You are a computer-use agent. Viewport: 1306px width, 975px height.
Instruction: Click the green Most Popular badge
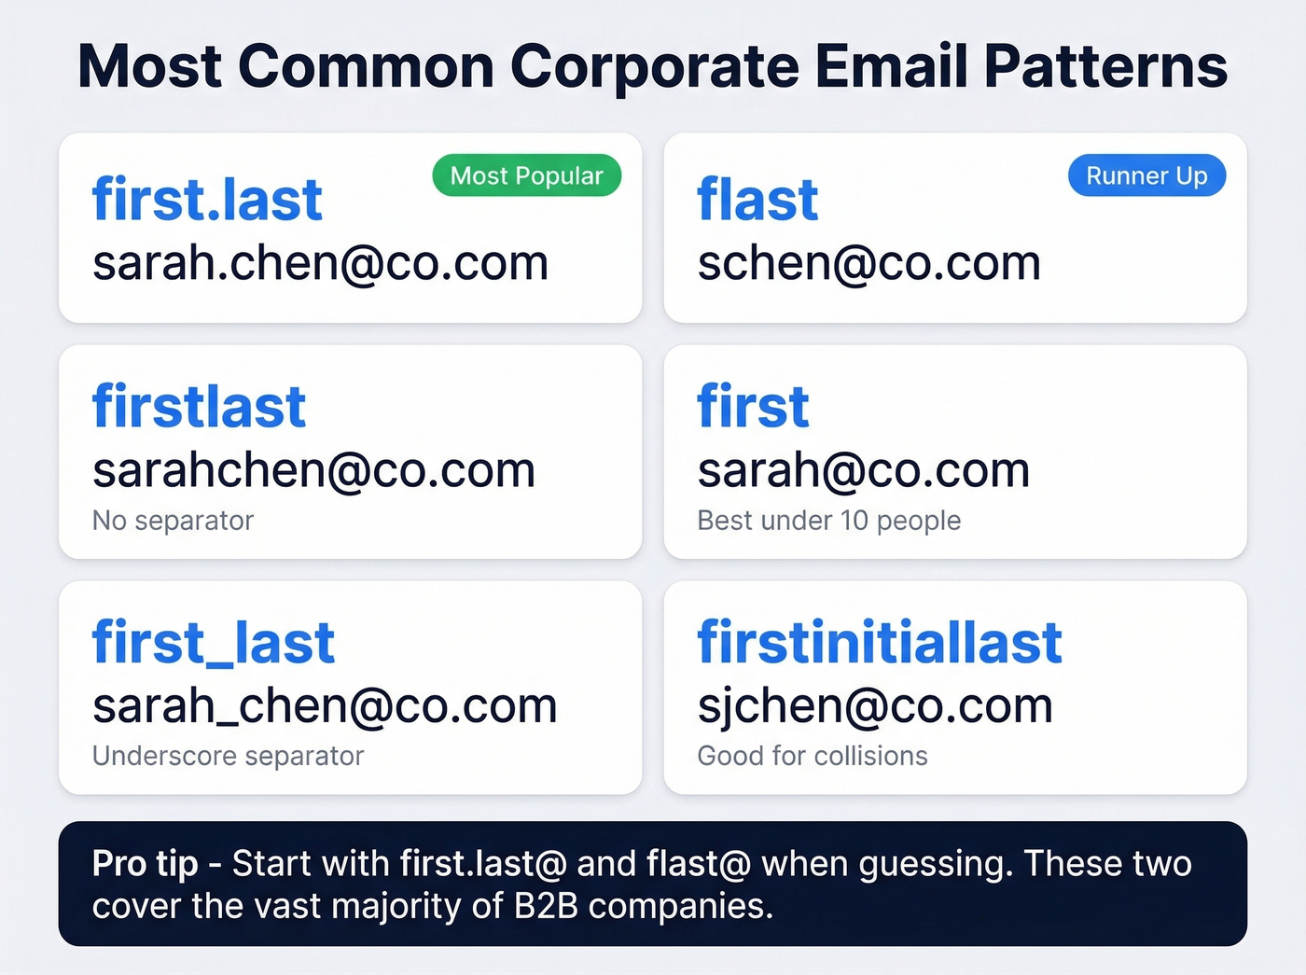click(x=526, y=175)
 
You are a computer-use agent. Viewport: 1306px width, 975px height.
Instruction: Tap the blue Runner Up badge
click(x=1146, y=175)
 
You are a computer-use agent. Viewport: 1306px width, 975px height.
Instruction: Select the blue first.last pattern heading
click(x=207, y=200)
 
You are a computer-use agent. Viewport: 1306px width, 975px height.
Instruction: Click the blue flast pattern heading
click(x=757, y=200)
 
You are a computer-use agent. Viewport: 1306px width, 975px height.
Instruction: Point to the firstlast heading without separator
click(x=199, y=407)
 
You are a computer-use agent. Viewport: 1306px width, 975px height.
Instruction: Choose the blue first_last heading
click(x=213, y=643)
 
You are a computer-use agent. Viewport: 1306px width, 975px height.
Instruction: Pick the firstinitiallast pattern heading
click(x=880, y=643)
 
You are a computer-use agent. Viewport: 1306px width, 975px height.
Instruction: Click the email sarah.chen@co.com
click(x=320, y=263)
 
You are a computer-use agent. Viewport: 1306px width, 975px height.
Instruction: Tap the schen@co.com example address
click(x=868, y=263)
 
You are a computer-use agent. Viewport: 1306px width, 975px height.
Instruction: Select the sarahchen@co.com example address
click(x=313, y=470)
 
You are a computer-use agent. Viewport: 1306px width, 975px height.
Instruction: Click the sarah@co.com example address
click(x=863, y=470)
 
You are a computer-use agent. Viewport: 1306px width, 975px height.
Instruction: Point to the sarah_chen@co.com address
click(x=325, y=706)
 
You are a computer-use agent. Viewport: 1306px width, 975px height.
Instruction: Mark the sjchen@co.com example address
click(x=875, y=706)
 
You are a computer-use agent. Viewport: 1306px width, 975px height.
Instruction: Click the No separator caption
click(x=173, y=521)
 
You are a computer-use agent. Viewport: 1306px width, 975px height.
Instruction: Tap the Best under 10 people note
click(x=828, y=521)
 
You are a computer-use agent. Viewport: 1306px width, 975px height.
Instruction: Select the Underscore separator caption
click(x=228, y=756)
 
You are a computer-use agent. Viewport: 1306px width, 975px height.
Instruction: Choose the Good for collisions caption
click(x=812, y=756)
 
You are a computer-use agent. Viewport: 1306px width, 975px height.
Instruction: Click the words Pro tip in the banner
click(x=145, y=864)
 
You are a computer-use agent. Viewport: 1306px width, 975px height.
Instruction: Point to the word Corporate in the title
click(x=654, y=67)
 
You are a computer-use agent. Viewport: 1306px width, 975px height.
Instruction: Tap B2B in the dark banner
click(x=547, y=906)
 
